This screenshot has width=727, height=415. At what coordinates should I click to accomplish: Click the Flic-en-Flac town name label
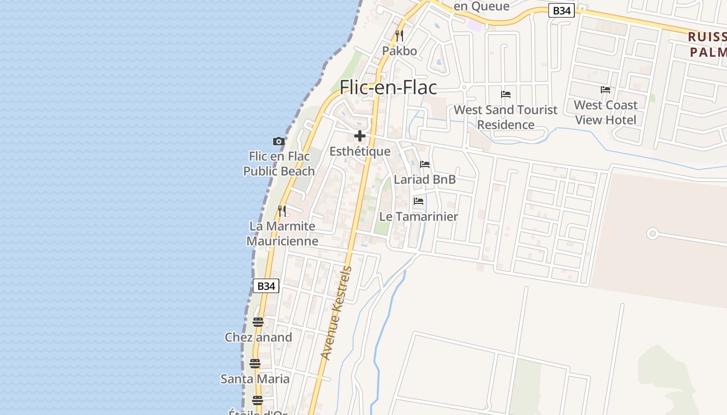[x=388, y=87]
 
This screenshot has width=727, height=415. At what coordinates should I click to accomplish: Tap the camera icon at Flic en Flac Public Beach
[x=279, y=141]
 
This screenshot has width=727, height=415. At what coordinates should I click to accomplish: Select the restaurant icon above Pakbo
[x=399, y=36]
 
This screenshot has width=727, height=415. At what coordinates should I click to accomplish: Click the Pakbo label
[x=399, y=51]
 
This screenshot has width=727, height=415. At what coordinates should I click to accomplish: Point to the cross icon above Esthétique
[x=359, y=136]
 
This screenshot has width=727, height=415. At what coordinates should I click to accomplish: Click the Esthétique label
[x=360, y=151]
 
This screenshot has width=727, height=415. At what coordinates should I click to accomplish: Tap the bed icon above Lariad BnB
[x=425, y=164]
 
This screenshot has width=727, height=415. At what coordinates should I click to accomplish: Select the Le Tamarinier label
[x=419, y=217]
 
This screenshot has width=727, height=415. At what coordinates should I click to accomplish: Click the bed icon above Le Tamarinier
[x=419, y=201]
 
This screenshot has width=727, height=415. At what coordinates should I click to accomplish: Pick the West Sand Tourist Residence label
[x=506, y=117]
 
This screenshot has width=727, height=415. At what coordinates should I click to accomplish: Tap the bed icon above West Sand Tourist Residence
[x=506, y=94]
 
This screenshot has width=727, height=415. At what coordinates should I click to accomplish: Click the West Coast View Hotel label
[x=605, y=113]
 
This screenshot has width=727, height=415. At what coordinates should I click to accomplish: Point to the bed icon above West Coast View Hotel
[x=605, y=90]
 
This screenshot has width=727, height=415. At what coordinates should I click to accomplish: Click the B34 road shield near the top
[x=562, y=10]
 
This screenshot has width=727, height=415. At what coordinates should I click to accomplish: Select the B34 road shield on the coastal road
[x=266, y=286]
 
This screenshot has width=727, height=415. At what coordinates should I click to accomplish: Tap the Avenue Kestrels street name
[x=336, y=313]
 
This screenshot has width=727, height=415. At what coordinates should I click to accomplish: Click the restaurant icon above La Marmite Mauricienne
[x=282, y=211]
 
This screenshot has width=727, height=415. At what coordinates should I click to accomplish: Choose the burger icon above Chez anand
[x=258, y=322]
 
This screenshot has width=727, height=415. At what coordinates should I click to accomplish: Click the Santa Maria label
[x=255, y=379]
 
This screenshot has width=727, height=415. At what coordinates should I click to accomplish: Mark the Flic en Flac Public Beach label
[x=279, y=163]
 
